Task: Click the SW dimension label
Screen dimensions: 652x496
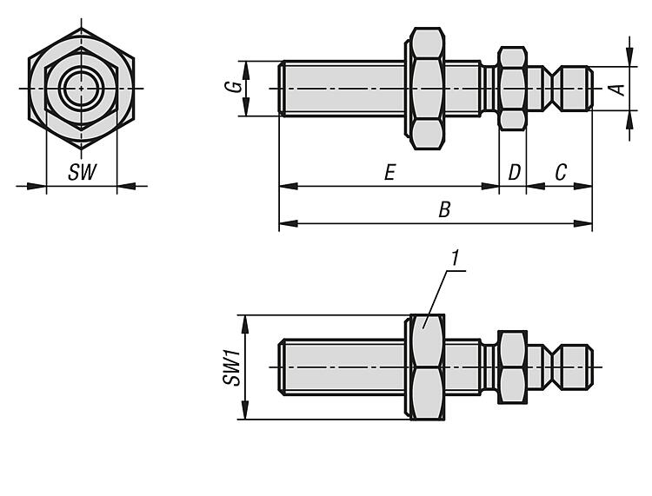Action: pos(83,172)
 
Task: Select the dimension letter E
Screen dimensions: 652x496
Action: pos(389,172)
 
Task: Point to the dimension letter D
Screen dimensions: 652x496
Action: pos(515,172)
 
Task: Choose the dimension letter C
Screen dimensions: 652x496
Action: pos(561,172)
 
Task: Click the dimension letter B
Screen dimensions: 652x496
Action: pos(444,210)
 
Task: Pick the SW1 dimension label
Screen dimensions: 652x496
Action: pos(232,367)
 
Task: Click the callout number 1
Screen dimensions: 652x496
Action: pos(456,258)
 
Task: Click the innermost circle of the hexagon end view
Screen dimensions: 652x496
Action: pos(82,89)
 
